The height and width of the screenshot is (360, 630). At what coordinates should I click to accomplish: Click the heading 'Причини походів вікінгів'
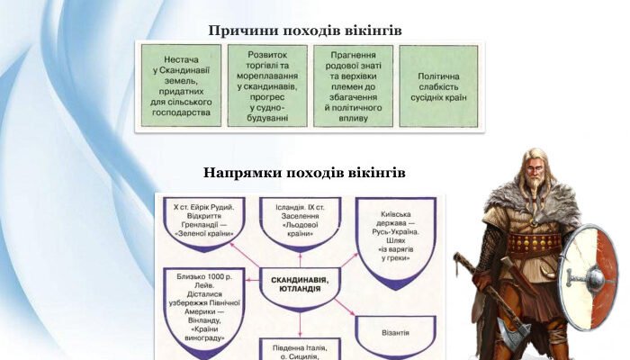tap(305, 31)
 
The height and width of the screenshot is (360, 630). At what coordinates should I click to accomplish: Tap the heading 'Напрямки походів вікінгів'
tap(305, 172)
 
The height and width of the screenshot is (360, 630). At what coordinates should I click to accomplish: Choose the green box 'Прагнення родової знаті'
tap(354, 85)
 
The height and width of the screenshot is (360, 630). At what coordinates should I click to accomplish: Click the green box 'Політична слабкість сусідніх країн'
tap(438, 85)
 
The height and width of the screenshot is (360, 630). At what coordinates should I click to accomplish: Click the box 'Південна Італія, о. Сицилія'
tap(301, 350)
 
